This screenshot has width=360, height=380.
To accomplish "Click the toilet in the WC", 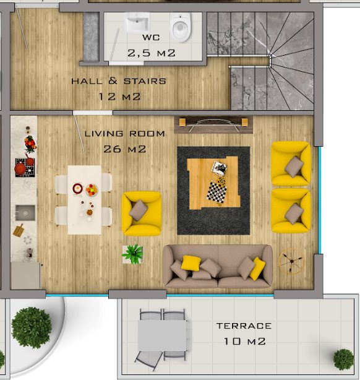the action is click(x=181, y=27).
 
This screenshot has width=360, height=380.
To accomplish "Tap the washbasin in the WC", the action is click(x=137, y=22).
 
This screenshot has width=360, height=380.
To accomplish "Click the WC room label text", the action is click(x=151, y=38).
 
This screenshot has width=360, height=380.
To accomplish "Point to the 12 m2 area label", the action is click(x=119, y=97).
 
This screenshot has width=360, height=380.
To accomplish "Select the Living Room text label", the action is click(x=125, y=134).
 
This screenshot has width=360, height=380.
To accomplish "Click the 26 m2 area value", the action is click(x=125, y=149).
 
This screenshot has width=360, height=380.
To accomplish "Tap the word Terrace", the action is click(x=244, y=326).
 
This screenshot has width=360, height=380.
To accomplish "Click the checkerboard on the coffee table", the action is click(x=217, y=191).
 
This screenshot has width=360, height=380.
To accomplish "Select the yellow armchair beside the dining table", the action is click(x=142, y=214).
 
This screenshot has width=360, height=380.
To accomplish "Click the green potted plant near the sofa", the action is click(x=133, y=254).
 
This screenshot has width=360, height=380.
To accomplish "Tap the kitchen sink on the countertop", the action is click(x=25, y=213).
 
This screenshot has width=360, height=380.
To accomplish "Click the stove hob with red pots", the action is click(x=25, y=168).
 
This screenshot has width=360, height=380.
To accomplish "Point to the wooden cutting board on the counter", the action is click(x=18, y=230).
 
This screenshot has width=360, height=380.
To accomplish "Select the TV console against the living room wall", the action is click(x=213, y=124).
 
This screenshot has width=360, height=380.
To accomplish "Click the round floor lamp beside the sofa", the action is click(x=291, y=261).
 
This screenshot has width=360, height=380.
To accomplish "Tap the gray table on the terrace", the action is click(x=162, y=335).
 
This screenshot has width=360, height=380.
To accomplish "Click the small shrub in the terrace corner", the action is click(x=343, y=360).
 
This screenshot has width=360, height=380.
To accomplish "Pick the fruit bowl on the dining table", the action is click(x=92, y=190).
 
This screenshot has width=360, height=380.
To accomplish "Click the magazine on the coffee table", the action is click(x=219, y=168).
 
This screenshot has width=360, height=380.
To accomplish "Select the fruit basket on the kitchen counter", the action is click(x=30, y=144).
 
